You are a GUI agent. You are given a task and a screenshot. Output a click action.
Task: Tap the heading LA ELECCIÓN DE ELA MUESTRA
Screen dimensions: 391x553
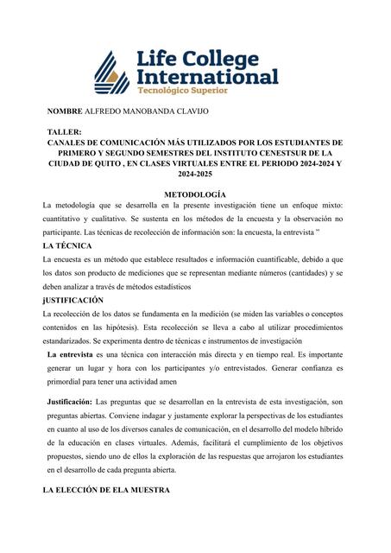click(x=109, y=491)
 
